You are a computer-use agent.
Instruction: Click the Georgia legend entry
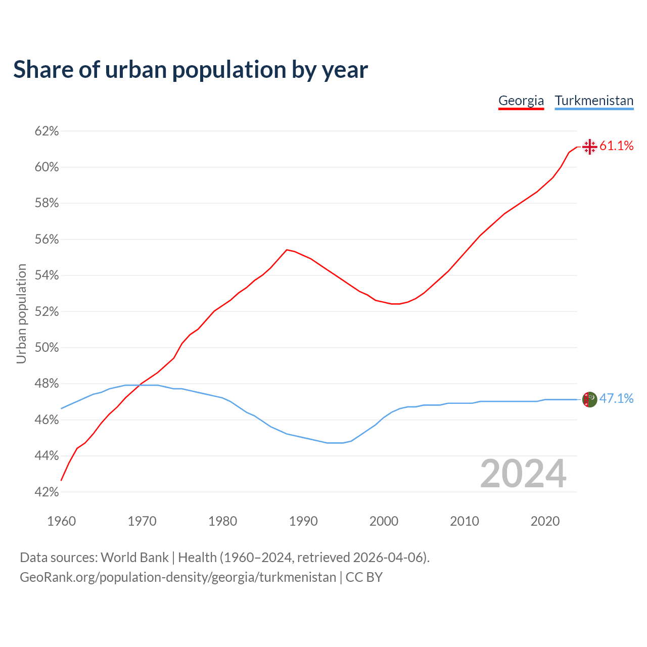521,101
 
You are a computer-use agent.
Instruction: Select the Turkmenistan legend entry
594,101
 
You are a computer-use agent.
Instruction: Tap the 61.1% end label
616,146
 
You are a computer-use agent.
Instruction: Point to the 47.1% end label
616,399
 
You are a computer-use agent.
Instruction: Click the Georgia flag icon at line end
589,147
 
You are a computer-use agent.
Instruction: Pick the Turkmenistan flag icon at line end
589,399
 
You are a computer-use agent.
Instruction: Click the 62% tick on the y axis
47,131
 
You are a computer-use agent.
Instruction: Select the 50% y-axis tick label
47,348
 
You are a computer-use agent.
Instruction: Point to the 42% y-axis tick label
47,492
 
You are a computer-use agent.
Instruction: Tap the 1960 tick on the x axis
61,521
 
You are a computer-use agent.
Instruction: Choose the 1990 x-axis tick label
303,521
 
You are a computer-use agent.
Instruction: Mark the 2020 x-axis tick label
545,521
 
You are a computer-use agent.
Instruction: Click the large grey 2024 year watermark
523,474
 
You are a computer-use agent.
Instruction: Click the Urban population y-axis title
21,313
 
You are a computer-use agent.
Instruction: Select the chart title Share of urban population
191,70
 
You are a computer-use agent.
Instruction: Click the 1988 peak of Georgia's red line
287,250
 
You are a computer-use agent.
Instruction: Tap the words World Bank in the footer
134,558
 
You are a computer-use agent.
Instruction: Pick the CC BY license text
364,577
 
